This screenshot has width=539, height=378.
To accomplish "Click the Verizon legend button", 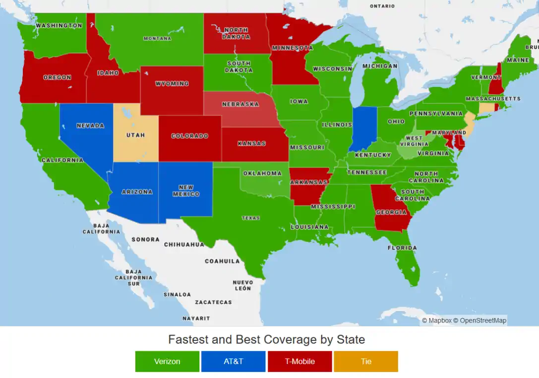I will (167, 361).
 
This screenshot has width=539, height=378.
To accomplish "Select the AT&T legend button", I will (233, 361).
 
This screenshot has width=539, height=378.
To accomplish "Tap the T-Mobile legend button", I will (299, 361).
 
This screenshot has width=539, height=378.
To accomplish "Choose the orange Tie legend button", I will (366, 361).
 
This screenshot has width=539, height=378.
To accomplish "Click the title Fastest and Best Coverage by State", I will (266, 340).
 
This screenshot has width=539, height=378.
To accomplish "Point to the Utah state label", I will (135, 135).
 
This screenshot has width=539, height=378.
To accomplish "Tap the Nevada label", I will (90, 126).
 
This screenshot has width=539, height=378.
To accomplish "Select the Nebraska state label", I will (240, 105).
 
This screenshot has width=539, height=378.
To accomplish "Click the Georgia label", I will (391, 213).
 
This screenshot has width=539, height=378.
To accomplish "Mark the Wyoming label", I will (172, 84).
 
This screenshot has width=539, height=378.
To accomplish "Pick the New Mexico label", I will (186, 191).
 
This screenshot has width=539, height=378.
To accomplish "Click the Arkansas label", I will (309, 182).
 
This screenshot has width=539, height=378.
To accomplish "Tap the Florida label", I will (402, 248).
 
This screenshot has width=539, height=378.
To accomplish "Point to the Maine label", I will (518, 60).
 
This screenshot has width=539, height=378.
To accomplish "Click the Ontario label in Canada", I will (382, 6).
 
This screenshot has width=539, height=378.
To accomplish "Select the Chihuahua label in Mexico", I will (184, 245).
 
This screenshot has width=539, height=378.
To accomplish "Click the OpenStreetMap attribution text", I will (483, 321).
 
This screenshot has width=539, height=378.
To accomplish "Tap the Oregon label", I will (57, 78).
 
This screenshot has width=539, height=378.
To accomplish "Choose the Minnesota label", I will (292, 48).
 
